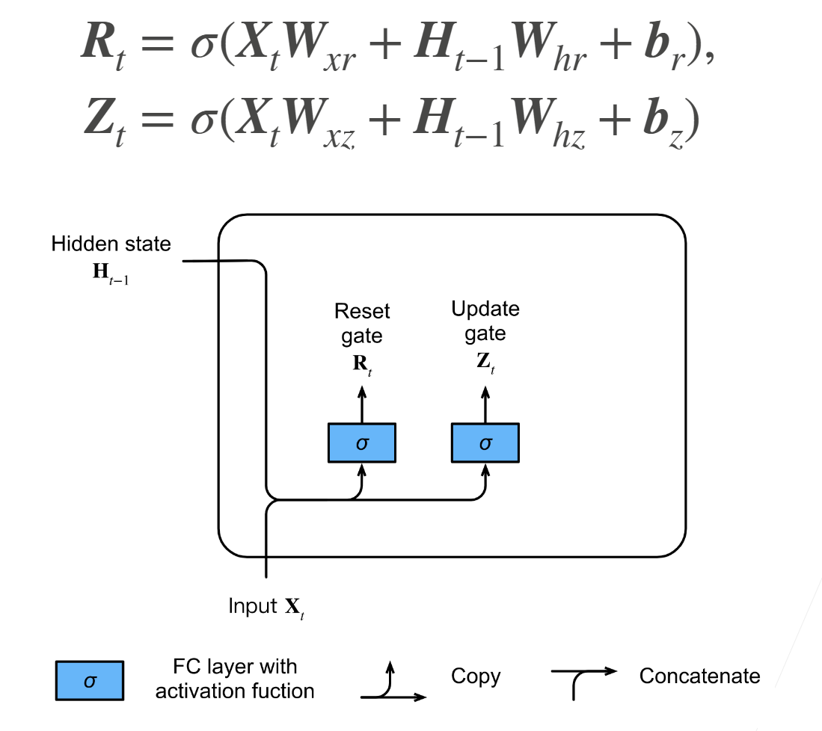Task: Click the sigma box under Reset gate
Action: click(362, 442)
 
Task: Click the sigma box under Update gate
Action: click(485, 442)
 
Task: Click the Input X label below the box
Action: click(266, 607)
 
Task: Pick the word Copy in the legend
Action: click(476, 677)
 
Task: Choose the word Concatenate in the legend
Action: click(699, 676)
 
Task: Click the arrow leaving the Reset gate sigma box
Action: click(362, 404)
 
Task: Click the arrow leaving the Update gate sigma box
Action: click(485, 404)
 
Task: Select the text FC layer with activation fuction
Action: click(235, 679)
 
